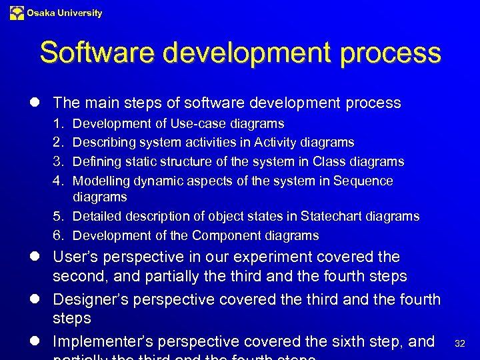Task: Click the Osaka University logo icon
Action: (17, 13)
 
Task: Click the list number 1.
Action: (58, 124)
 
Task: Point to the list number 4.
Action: (58, 181)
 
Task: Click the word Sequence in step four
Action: (363, 181)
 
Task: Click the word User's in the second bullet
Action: (74, 257)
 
